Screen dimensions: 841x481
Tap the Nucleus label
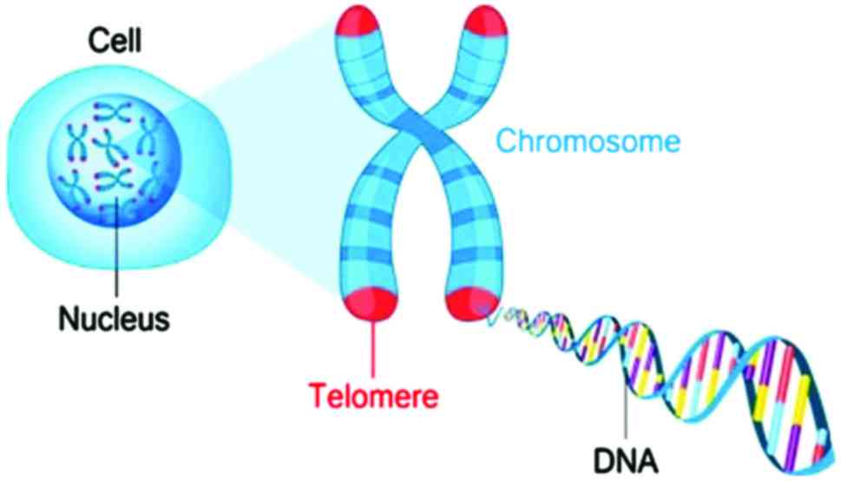pos(113,319)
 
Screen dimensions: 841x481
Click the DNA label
pos(626,458)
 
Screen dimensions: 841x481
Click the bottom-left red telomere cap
pos(374,301)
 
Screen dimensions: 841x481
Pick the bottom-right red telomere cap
pos(470,303)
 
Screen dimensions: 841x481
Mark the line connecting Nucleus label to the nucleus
pos(115,260)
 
